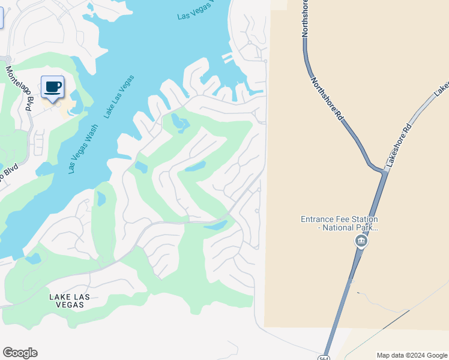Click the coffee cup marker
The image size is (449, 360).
click(x=53, y=87)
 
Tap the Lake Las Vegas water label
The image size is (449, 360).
click(x=118, y=96)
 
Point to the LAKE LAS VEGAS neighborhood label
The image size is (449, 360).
click(x=67, y=301)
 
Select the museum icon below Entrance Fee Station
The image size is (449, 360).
click(x=361, y=241)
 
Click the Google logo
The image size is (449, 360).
click(x=20, y=353)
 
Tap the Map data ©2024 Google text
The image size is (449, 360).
click(x=411, y=355)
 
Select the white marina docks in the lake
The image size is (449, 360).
click(x=228, y=58)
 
